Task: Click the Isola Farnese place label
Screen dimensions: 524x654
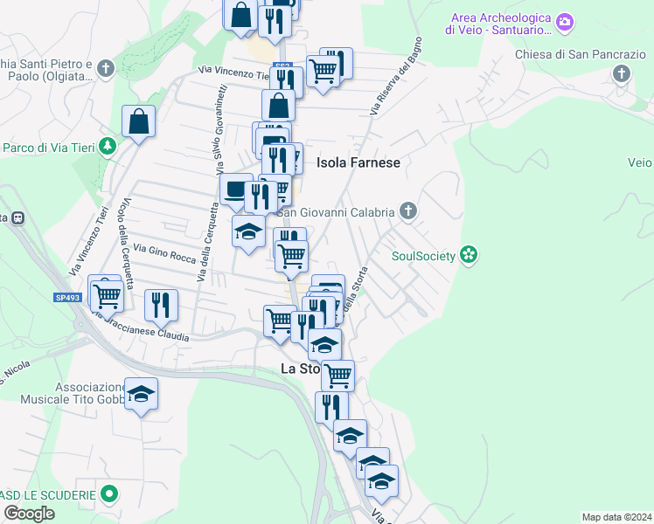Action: [358, 162]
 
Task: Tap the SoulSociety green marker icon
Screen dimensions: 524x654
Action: [470, 255]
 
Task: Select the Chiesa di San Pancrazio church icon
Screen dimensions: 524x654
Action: [622, 72]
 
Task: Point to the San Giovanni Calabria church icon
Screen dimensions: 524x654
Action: [407, 210]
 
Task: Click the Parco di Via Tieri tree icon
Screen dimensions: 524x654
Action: [108, 146]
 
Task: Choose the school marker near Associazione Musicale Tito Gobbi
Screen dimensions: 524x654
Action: [141, 394]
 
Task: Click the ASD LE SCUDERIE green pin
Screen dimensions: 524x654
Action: [108, 495]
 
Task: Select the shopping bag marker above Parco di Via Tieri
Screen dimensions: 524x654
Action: [139, 122]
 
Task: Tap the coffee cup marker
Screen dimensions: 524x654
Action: [235, 190]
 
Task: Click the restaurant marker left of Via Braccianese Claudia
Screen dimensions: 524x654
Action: [161, 303]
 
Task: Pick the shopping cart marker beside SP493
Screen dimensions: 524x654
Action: [107, 294]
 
